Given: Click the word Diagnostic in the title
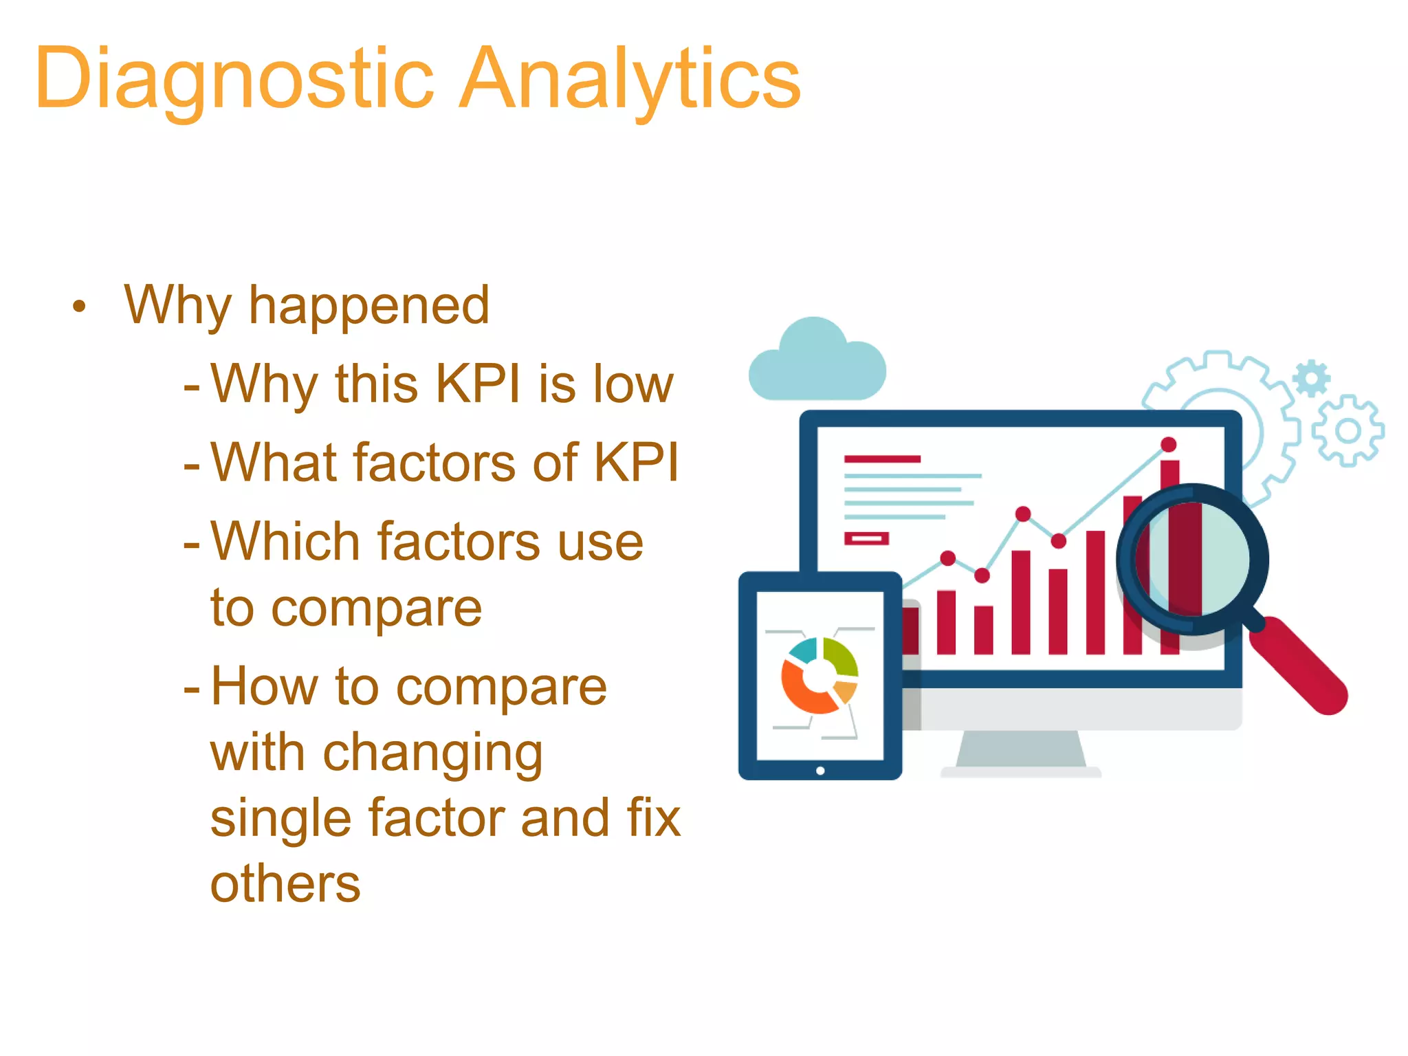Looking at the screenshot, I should coord(234,79).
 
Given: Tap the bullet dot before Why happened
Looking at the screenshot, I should coord(80,307).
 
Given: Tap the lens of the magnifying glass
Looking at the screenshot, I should coord(1193,558).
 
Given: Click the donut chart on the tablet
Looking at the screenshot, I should coord(819,676).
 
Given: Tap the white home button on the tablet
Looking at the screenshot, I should coord(820,771).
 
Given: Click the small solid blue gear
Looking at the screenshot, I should coord(1311,378).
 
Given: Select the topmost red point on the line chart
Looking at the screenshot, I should coord(1169,445).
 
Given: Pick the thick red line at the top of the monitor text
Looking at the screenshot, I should coord(882,459).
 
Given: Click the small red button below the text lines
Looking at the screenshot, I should coord(866,538).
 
